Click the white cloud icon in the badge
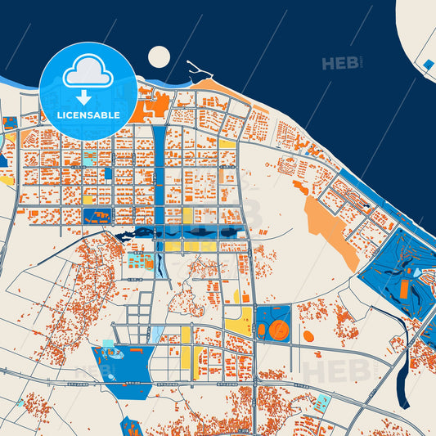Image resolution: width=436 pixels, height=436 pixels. click(88, 71)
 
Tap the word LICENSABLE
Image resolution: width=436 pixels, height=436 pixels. click(88, 115)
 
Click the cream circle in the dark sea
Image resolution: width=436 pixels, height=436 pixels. click(159, 56)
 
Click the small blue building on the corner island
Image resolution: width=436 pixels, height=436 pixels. click(428, 64)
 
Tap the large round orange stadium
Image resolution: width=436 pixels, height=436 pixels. click(278, 330)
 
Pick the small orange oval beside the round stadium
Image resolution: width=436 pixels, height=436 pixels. click(262, 330)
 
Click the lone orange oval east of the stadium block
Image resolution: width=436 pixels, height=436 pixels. click(308, 335)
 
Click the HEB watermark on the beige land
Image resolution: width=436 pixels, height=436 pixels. click(337, 370)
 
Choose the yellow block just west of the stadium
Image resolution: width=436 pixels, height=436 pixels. click(239, 325)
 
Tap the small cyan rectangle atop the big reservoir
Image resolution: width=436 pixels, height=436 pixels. click(107, 343)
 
